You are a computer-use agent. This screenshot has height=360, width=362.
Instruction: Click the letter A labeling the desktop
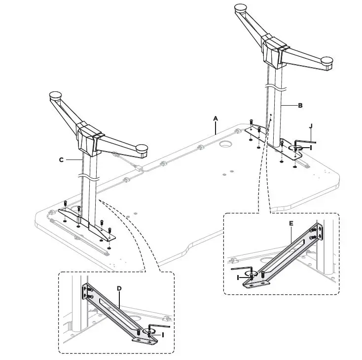(x=215, y=119)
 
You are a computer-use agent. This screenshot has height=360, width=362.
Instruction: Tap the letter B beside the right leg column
(x=300, y=105)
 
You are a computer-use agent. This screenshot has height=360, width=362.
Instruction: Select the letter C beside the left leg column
(x=61, y=160)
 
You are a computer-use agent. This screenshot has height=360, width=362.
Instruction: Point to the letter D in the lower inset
(x=119, y=288)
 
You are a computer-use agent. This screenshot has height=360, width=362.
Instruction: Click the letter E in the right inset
(x=291, y=224)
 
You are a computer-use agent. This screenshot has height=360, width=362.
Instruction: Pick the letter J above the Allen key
(x=311, y=126)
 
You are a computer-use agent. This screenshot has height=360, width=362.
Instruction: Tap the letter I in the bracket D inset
(x=163, y=335)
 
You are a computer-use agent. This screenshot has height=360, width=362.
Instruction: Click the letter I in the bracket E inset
(x=238, y=278)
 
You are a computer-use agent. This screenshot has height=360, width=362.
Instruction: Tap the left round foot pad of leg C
(x=55, y=93)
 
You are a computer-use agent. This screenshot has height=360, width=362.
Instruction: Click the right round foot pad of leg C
(x=142, y=147)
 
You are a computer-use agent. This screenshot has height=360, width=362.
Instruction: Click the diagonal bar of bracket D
(x=114, y=312)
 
